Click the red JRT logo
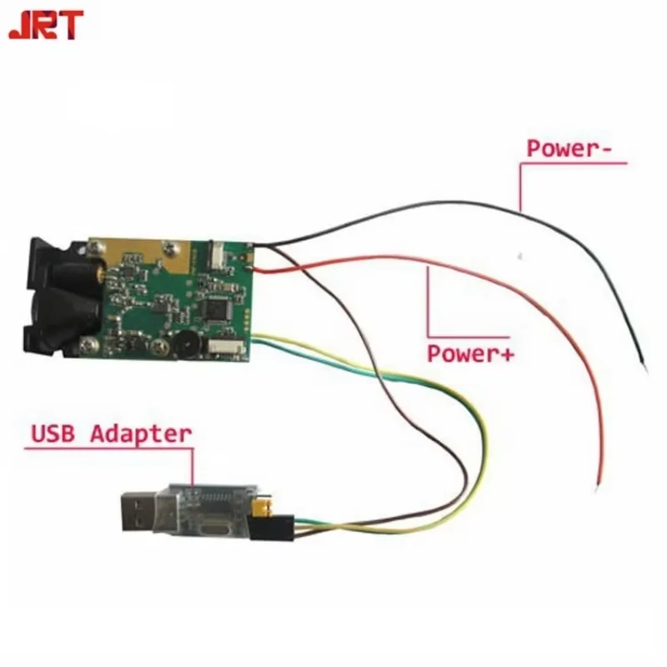click(46, 24)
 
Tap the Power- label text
click(571, 148)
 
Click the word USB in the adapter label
click(56, 434)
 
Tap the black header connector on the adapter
click(283, 527)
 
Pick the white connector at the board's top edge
click(216, 252)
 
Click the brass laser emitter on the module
click(97, 271)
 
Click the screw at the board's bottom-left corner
click(88, 344)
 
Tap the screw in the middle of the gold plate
click(170, 247)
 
